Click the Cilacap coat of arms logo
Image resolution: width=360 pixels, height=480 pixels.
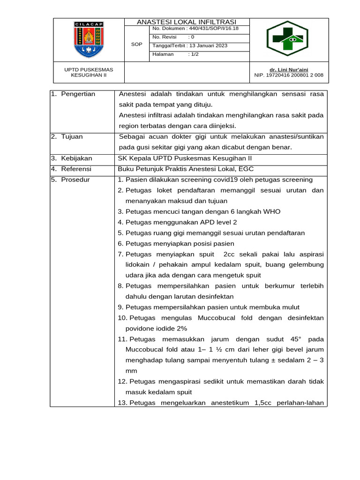coord(89,40)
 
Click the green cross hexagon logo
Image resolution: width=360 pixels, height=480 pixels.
coord(287,38)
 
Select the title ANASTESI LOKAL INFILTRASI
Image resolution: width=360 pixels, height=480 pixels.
coord(187,22)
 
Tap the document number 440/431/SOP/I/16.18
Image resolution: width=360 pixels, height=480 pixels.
coord(212,29)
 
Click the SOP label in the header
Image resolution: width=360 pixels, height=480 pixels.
coord(136,44)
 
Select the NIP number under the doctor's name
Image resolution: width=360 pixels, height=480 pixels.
coord(289,75)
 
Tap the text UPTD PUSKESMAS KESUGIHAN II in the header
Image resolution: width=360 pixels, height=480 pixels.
coord(89,72)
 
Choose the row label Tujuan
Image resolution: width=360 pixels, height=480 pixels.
coord(72,136)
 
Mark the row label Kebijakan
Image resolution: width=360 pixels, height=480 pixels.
coord(76,158)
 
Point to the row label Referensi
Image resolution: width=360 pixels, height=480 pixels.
coord(76,169)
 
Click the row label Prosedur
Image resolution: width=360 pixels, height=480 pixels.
coord(75,180)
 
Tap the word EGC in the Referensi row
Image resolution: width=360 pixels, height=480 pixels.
coord(247,169)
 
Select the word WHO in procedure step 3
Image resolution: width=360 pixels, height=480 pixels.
coord(272,211)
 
